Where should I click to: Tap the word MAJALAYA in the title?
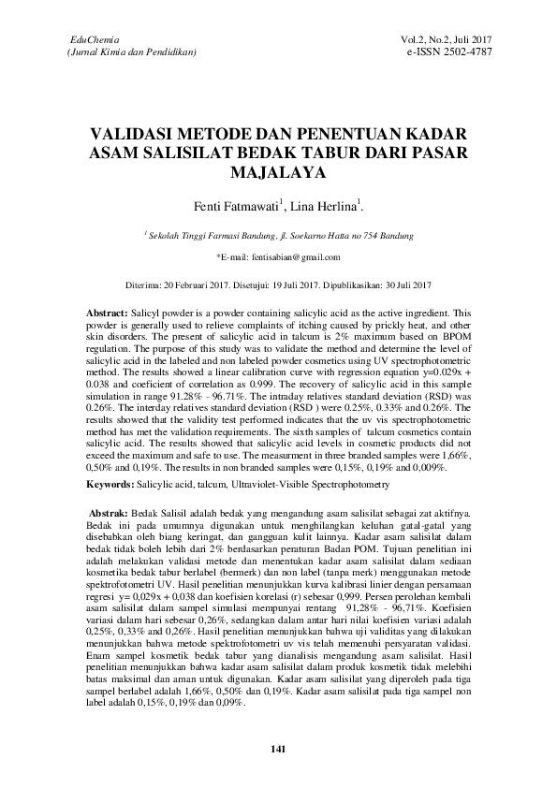point(278,173)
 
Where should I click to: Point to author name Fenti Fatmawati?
point(233,205)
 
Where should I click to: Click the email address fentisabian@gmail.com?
point(290,256)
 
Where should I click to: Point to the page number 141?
point(277,749)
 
